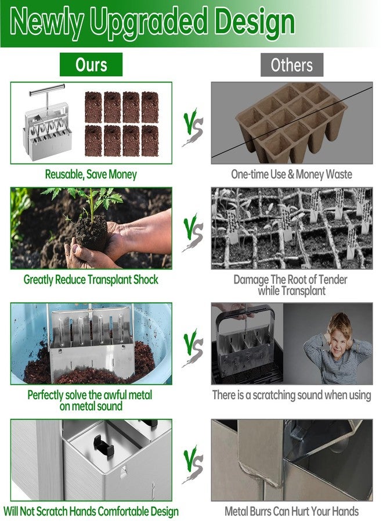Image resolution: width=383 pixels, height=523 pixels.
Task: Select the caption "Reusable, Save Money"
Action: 91,174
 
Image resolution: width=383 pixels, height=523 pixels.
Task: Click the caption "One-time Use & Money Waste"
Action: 291,174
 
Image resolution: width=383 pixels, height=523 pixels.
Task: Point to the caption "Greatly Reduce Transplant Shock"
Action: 91,280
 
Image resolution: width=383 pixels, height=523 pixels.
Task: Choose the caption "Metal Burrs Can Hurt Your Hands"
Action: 291,512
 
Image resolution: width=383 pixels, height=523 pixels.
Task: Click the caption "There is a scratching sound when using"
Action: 291,395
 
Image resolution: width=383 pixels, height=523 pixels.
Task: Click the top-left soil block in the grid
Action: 93,106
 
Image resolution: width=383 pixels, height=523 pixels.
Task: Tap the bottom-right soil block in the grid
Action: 150,141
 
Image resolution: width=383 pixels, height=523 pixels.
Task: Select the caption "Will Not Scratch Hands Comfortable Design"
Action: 91,512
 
